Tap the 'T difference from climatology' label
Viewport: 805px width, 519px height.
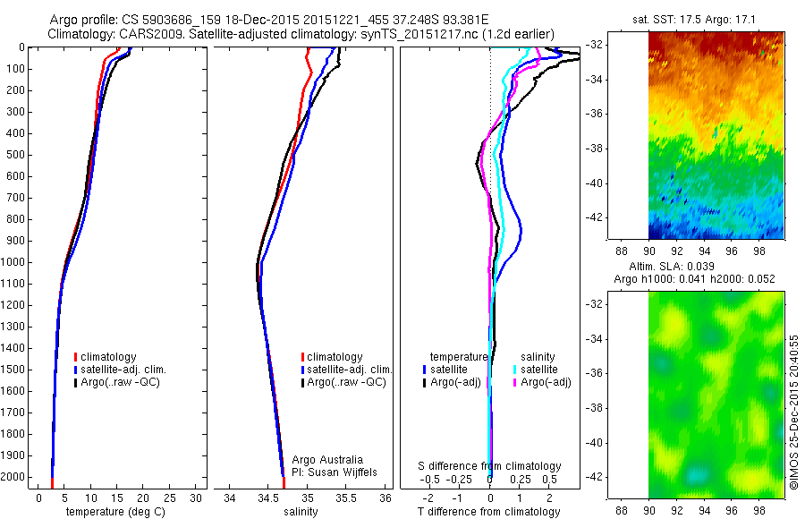489,512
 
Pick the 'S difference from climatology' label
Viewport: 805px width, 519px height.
490,466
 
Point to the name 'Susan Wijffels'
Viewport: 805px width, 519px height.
336,472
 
